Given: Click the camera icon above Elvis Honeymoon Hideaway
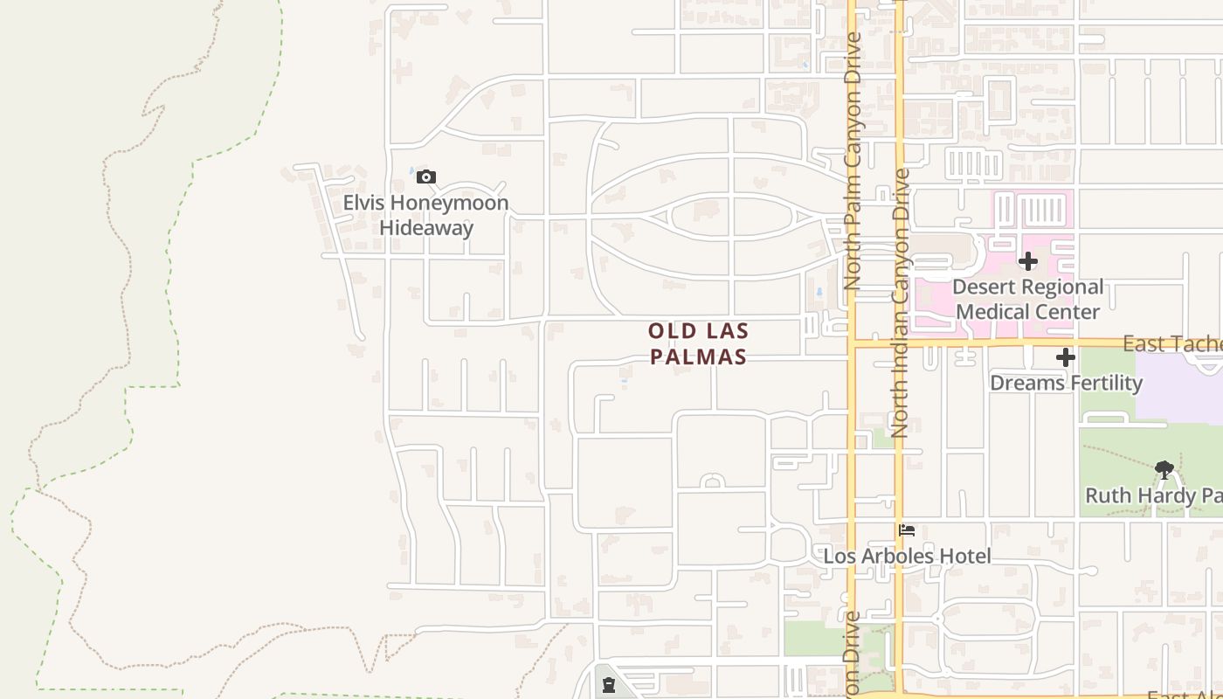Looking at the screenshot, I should coord(425,177).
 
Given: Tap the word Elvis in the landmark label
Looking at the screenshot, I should coord(363,204).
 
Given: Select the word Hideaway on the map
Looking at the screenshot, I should coord(426,228).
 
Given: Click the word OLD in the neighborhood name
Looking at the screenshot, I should coord(673,331).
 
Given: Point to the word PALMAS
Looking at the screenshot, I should coord(699,356).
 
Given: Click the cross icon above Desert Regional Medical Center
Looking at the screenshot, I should coord(1028,261).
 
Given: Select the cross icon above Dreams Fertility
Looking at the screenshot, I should coord(1066,357).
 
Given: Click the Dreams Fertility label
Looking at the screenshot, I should coord(1066,383).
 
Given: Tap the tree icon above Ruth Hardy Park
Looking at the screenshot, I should coord(1164,470).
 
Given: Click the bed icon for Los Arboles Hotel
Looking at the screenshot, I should coord(907,530).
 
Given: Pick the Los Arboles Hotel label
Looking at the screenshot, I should coord(908,557).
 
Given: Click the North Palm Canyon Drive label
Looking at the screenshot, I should coord(853,162).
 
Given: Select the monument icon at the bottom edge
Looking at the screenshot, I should coord(609,685).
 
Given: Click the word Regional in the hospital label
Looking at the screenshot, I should coord(1058,287).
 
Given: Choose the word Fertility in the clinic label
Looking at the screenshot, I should coord(1107,383).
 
